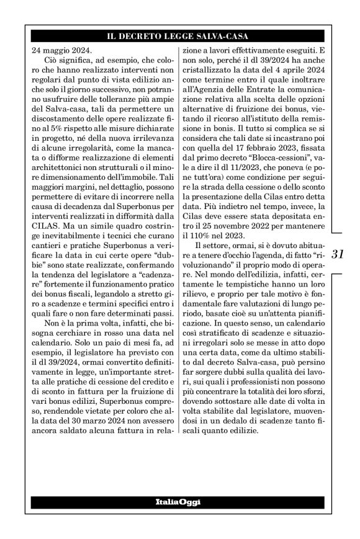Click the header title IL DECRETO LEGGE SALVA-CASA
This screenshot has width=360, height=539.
(180, 37)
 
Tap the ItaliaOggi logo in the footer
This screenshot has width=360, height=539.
(180, 501)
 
